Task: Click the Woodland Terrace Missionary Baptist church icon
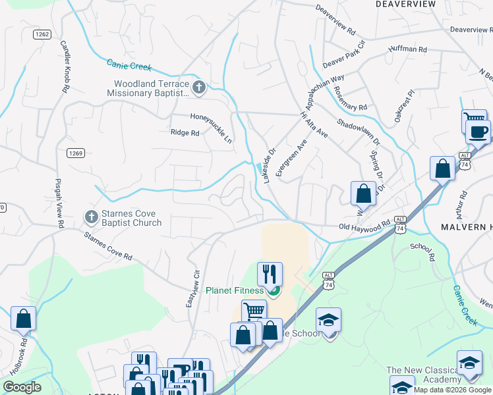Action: tap(199, 87)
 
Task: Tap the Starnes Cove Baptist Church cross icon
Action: tap(92, 216)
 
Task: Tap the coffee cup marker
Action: tap(478, 130)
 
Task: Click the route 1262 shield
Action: tap(42, 34)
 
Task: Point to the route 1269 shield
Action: tap(76, 153)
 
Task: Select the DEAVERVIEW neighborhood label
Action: tap(406, 4)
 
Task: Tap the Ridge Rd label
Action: tap(185, 133)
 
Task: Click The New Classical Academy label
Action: tap(424, 375)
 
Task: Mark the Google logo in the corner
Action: tap(22, 387)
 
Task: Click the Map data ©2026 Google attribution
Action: tap(453, 390)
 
